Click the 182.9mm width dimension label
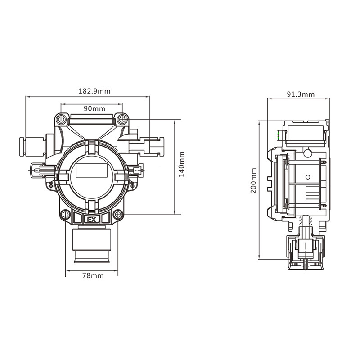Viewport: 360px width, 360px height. coord(94,91)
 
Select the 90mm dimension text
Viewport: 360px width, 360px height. coord(94,109)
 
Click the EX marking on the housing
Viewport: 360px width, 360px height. coord(92,220)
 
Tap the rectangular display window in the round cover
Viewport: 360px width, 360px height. coord(92,170)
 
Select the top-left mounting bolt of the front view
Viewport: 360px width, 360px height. coord(62,119)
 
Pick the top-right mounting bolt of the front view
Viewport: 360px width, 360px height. coord(121,119)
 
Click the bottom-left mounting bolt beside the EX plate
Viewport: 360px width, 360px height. coord(66,215)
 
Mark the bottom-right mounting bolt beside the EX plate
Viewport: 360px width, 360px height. coord(118,215)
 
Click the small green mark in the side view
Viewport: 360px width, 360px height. coord(279,135)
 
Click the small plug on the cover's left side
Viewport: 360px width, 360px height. coord(41,170)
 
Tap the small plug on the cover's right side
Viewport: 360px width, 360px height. coord(136,170)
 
